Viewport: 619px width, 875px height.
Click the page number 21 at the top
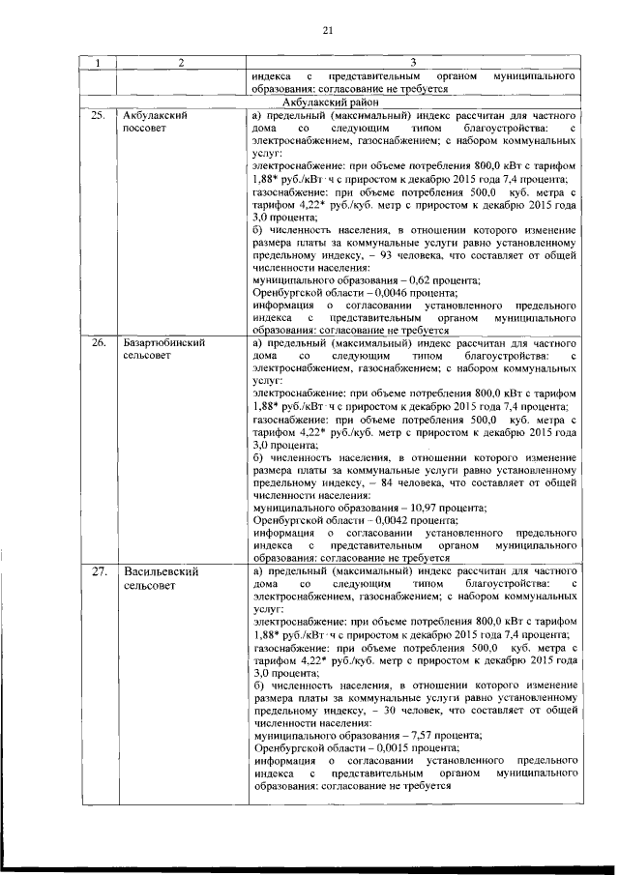coord(327,30)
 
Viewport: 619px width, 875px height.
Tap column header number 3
coord(414,63)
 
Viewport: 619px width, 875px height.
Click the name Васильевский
coord(161,572)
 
